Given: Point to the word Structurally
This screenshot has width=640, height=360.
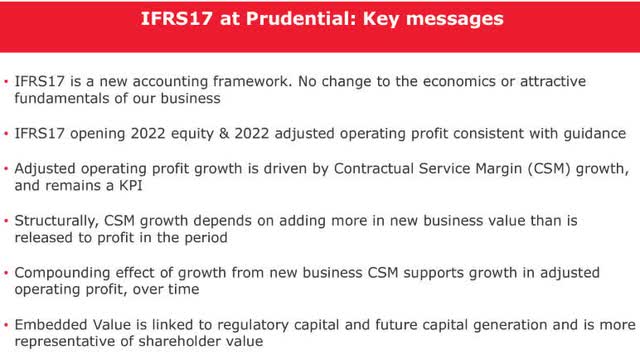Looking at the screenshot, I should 61,220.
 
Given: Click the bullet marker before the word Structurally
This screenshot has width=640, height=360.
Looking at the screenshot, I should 8,220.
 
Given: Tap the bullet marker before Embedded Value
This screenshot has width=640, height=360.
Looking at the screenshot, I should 8,325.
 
